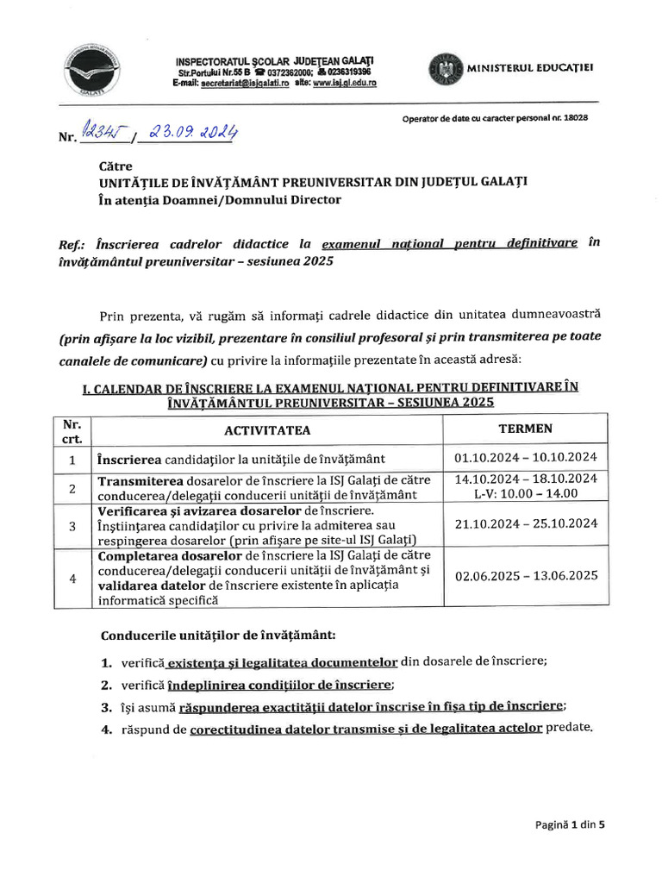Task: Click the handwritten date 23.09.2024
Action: coord(193,133)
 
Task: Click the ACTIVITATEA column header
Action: coord(267,430)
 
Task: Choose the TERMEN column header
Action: coord(525,429)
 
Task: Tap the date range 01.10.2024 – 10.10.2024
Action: coord(525,457)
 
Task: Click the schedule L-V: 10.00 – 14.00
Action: coord(525,493)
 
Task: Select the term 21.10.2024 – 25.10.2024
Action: coord(525,523)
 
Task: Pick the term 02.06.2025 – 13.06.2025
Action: coord(525,576)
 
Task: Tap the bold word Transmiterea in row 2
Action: coord(141,480)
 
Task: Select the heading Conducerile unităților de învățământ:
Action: coord(218,636)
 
